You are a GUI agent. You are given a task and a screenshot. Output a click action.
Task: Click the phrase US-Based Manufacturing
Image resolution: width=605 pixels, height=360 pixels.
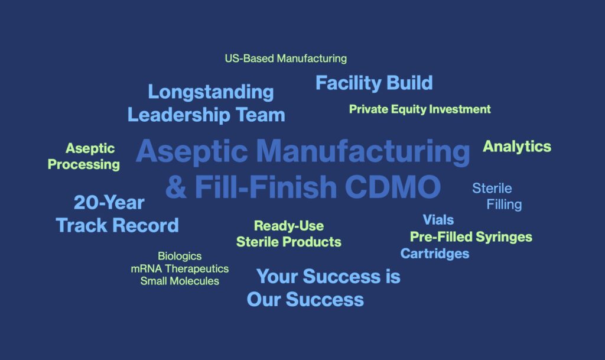click(x=285, y=59)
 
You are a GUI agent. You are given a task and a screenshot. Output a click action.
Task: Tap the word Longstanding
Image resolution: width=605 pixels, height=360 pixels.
click(x=211, y=93)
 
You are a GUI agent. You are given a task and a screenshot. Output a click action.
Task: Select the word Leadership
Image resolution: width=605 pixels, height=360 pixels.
click(x=178, y=115)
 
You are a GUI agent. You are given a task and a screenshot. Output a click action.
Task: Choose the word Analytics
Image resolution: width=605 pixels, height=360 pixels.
click(x=517, y=147)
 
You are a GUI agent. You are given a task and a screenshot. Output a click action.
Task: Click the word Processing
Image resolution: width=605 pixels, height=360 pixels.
click(x=84, y=165)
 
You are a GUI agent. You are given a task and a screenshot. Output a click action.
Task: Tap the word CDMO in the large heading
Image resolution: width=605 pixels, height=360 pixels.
click(x=393, y=187)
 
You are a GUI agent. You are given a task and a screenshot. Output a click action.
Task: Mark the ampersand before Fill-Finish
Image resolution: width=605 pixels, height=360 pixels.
click(x=176, y=187)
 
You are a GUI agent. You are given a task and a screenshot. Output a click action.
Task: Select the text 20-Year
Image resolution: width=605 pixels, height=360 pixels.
click(x=109, y=203)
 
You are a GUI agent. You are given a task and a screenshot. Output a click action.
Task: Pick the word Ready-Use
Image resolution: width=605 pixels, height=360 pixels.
click(x=289, y=226)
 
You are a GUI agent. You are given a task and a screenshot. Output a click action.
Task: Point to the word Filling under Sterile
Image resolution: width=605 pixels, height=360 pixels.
click(x=504, y=205)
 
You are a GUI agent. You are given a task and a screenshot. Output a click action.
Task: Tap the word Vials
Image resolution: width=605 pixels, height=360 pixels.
click(x=438, y=220)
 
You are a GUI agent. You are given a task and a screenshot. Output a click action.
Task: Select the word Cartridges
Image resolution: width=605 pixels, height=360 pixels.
click(x=435, y=254)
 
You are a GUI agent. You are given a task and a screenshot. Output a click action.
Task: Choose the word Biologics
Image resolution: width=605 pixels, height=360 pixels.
click(x=180, y=257)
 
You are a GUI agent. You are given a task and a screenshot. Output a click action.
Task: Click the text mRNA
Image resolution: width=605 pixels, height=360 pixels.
click(x=147, y=268)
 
